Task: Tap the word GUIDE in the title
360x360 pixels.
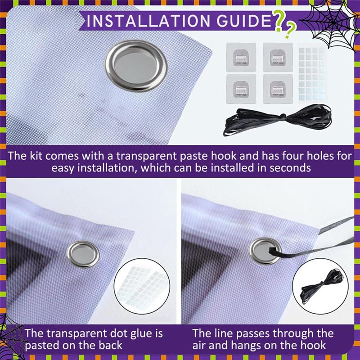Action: pyautogui.click(x=244, y=21)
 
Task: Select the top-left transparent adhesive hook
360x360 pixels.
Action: pyautogui.click(x=241, y=58)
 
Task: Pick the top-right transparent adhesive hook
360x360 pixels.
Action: pyautogui.click(x=278, y=58)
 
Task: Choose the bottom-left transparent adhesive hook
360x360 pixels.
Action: pyautogui.click(x=241, y=89)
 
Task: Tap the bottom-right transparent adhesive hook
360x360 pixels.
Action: pyautogui.click(x=278, y=89)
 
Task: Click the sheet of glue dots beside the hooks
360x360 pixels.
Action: pyautogui.click(x=312, y=74)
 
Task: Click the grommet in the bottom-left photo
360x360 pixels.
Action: pyautogui.click(x=83, y=254)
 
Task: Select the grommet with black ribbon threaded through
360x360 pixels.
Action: pyautogui.click(x=265, y=251)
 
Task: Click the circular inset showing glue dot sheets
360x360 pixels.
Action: pyautogui.click(x=142, y=286)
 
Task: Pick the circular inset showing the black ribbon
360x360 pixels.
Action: pyautogui.click(x=320, y=286)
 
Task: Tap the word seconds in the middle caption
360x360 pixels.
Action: pyautogui.click(x=290, y=167)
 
